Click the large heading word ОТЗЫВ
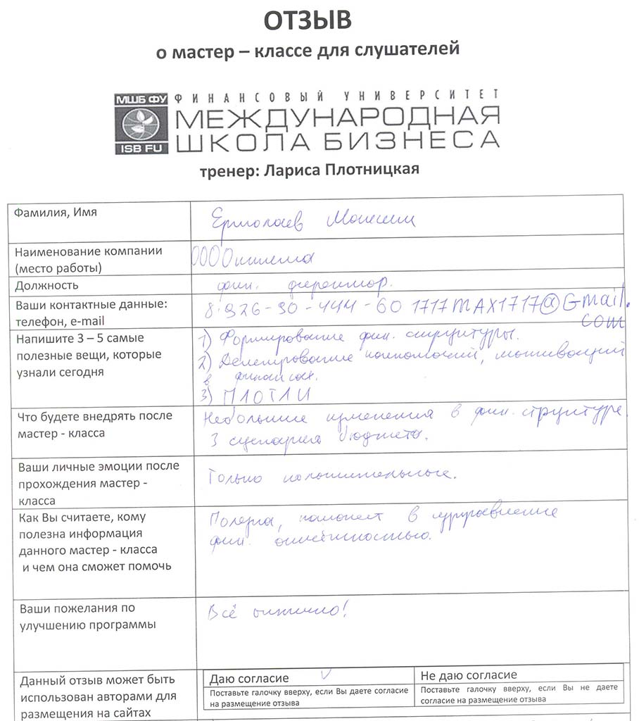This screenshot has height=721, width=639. click(x=308, y=21)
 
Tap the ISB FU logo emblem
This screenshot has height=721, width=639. click(x=140, y=123)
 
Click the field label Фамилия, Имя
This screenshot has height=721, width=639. click(x=56, y=213)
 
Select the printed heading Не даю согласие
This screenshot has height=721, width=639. click(x=469, y=675)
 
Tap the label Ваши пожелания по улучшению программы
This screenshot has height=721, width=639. click(x=77, y=616)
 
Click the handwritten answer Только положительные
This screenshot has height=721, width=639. click(x=331, y=477)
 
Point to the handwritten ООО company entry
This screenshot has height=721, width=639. click(x=253, y=258)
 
